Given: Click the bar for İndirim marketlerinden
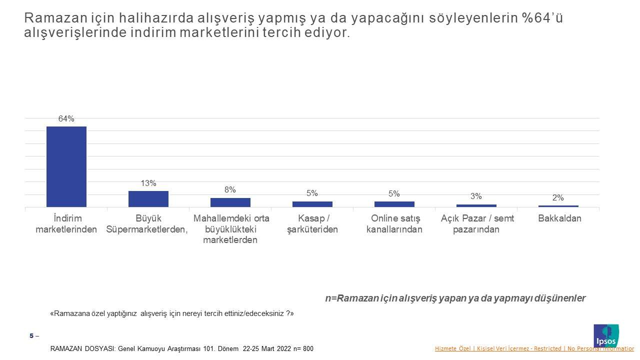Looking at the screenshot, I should pyautogui.click(x=66, y=166).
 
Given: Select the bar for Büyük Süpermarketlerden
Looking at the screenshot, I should pyautogui.click(x=148, y=199).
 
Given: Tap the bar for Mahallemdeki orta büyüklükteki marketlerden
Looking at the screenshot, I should pyautogui.click(x=230, y=202).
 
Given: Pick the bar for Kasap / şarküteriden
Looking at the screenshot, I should pyautogui.click(x=312, y=204).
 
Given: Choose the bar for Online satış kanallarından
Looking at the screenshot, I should pyautogui.click(x=394, y=204).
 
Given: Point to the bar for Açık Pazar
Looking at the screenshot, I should pyautogui.click(x=476, y=205).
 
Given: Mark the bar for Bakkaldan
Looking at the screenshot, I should pyautogui.click(x=558, y=206).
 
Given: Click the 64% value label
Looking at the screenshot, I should pyautogui.click(x=66, y=118).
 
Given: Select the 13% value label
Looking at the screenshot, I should pyautogui.click(x=148, y=183).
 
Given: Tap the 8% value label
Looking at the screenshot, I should pyautogui.click(x=230, y=189).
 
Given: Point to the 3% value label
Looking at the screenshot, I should pyautogui.click(x=476, y=196).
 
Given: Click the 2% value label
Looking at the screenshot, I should pyautogui.click(x=558, y=197).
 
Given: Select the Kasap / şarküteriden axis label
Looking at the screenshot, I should pyautogui.click(x=312, y=224).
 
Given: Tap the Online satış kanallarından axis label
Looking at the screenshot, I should pyautogui.click(x=394, y=224).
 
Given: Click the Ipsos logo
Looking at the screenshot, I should pyautogui.click(x=606, y=335).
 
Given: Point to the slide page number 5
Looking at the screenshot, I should pyautogui.click(x=31, y=336).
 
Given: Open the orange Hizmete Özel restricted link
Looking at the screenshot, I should pyautogui.click(x=534, y=348).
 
